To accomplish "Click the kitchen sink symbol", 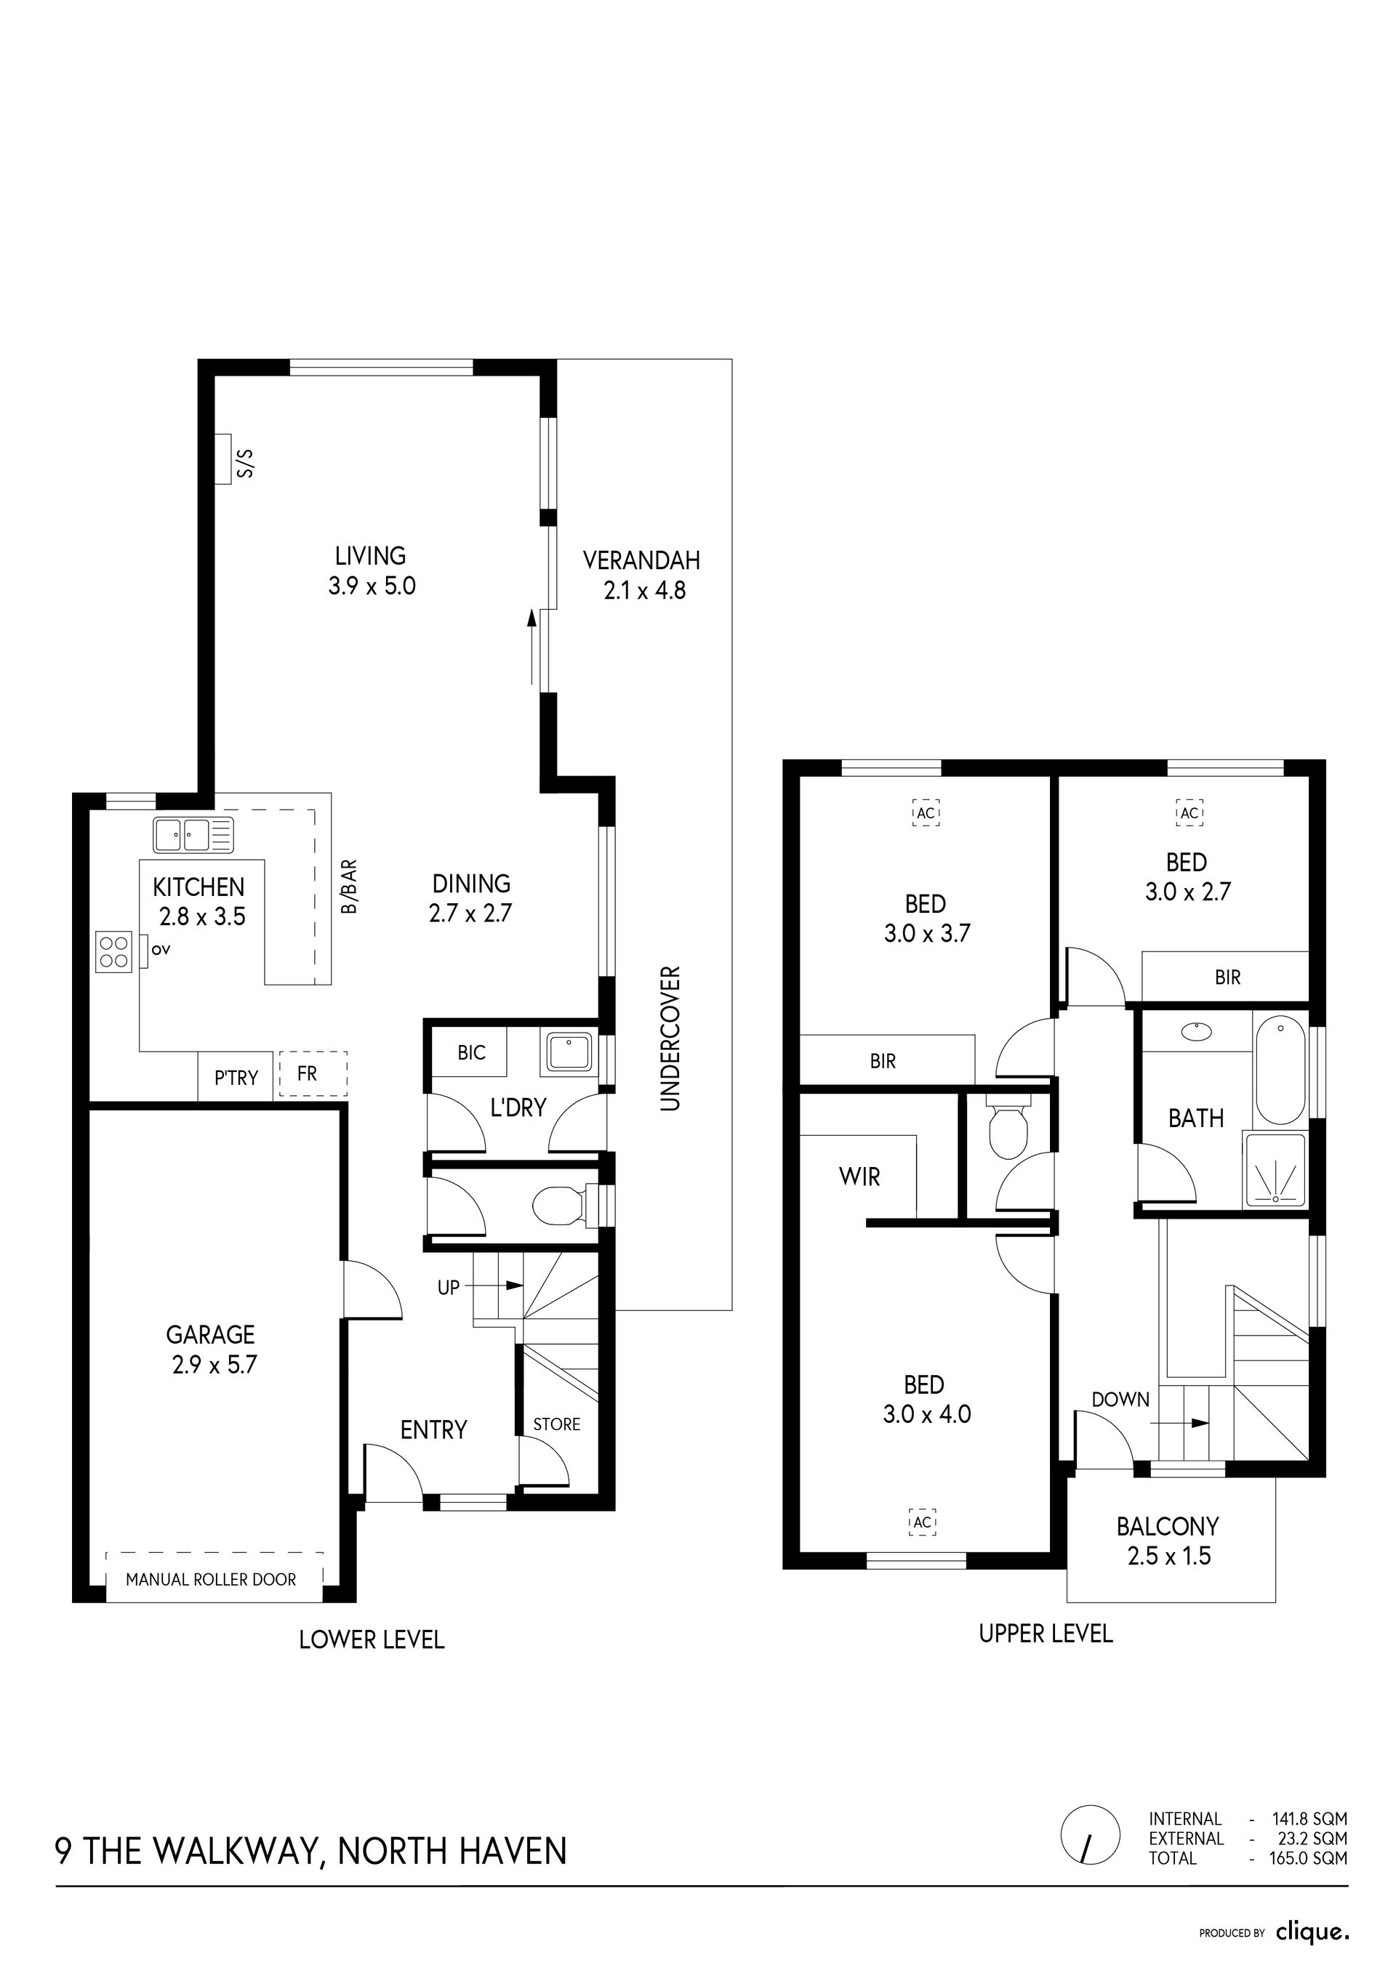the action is click(x=193, y=834).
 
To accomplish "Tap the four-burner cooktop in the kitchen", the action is click(x=113, y=951).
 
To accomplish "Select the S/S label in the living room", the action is click(x=246, y=461).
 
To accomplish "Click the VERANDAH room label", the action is click(x=641, y=560).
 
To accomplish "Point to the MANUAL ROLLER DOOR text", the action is click(x=211, y=1579).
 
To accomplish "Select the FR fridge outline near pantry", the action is click(x=313, y=1074).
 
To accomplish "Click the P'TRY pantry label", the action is click(x=236, y=1078).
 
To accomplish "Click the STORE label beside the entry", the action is click(x=557, y=1424).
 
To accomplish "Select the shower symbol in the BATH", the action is click(x=1275, y=1172).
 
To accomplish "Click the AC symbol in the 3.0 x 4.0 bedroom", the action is click(x=923, y=1522).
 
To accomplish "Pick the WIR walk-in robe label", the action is click(x=859, y=1177).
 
